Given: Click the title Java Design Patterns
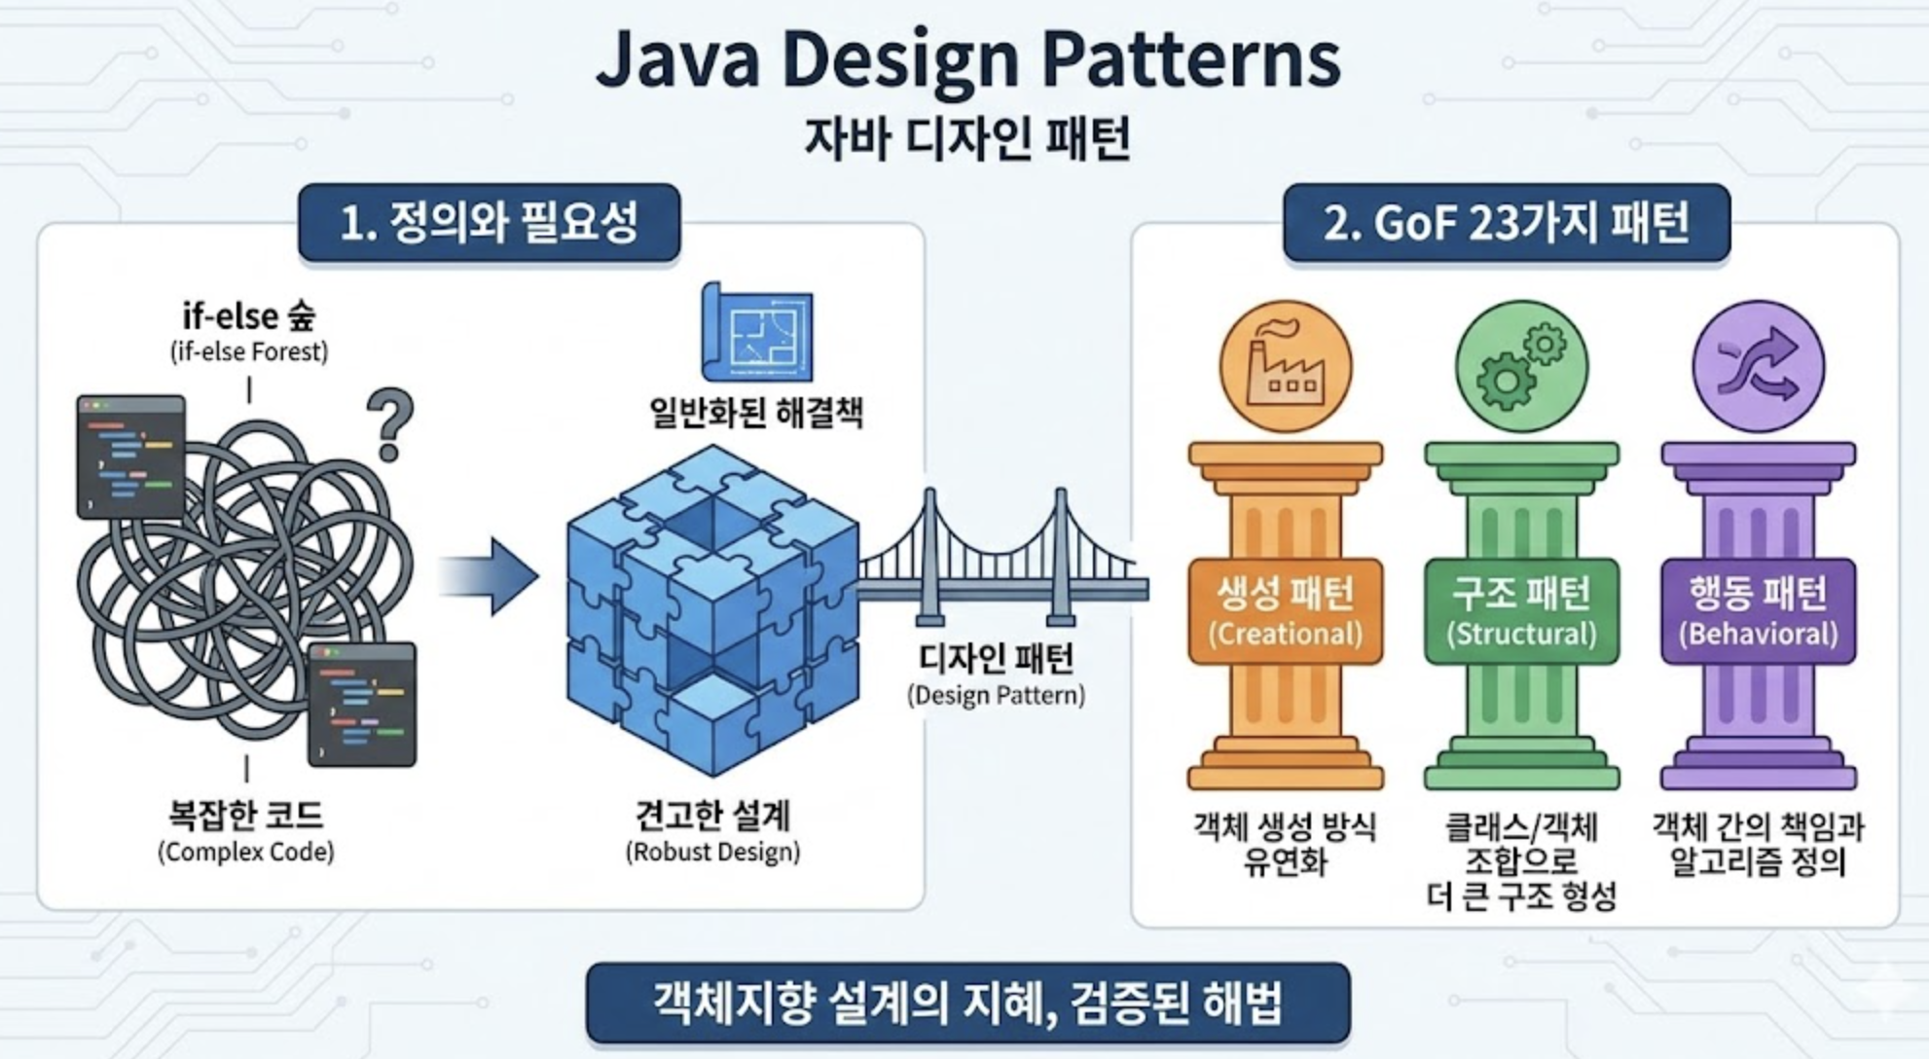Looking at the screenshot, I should [967, 60].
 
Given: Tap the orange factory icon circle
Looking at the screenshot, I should [1285, 367].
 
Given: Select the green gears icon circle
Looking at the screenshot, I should [1521, 367].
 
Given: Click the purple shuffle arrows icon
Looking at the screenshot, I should [1758, 367].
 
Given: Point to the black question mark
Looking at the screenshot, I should [391, 423].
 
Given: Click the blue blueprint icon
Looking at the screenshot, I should [757, 333].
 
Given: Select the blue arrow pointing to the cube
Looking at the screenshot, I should [491, 576].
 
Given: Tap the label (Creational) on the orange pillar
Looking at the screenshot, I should [1285, 635].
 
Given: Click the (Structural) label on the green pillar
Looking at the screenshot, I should [1521, 635].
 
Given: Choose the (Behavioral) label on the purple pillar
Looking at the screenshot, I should [1758, 635].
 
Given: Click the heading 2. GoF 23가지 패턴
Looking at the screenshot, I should [1506, 223].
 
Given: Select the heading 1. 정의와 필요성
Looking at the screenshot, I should [489, 223].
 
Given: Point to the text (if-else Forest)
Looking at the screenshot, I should [249, 351].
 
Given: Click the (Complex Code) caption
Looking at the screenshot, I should [246, 853].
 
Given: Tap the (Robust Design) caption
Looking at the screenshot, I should [712, 853].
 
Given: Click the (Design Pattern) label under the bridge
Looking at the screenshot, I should [996, 696].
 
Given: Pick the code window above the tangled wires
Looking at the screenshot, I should [131, 456].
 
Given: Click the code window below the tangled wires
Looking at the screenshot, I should [362, 705].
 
